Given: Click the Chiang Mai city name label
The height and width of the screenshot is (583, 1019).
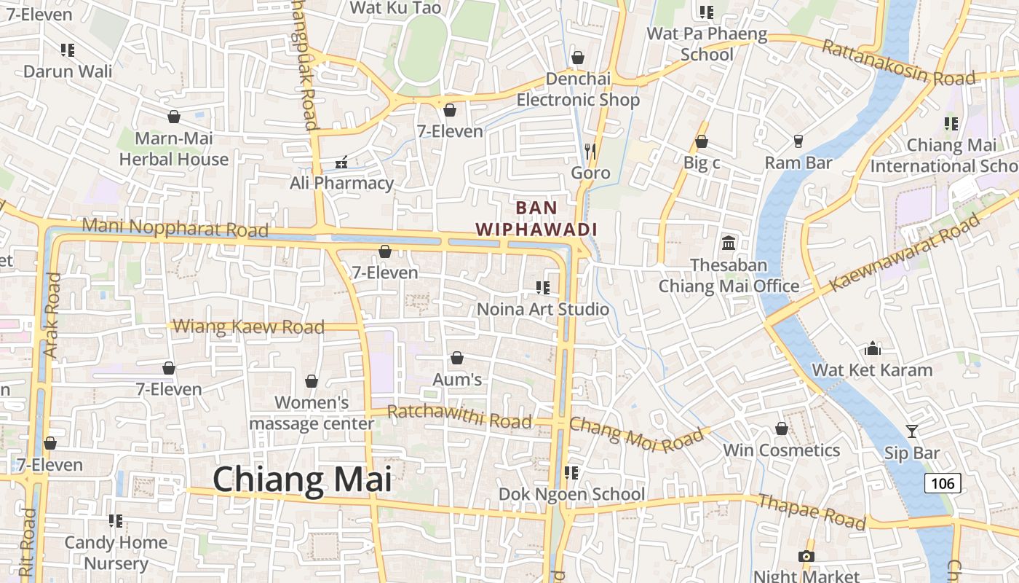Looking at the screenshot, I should [302, 480].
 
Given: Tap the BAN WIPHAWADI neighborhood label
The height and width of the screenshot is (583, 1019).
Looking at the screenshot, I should [536, 219].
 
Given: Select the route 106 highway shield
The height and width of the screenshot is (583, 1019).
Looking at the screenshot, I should [943, 482].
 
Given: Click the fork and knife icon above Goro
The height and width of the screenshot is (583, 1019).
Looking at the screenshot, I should [590, 151].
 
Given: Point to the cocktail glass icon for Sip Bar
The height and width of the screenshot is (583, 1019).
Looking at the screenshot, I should [911, 431].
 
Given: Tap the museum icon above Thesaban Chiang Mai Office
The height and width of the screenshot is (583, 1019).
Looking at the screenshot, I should [729, 243].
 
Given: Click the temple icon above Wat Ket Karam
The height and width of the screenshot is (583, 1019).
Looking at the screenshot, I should [872, 348].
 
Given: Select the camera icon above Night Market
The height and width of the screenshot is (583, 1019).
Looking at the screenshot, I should [806, 556].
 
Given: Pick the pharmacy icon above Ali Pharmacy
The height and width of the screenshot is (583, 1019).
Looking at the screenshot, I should [341, 162].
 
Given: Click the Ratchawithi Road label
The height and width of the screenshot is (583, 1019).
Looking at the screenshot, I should [459, 417].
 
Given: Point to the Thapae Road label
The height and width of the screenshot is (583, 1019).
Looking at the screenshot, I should [812, 512].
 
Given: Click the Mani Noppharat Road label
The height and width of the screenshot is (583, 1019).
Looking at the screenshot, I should [175, 227].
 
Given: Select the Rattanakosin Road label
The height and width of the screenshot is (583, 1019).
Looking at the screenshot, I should [898, 63].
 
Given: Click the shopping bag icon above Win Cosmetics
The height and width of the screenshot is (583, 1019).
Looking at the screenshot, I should [782, 429].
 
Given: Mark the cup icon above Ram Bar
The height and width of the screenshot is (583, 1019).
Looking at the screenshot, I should [798, 141].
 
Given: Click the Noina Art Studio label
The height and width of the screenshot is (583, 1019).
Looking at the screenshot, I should [543, 309].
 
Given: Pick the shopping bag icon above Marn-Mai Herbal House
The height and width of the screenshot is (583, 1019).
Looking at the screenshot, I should [174, 117].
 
